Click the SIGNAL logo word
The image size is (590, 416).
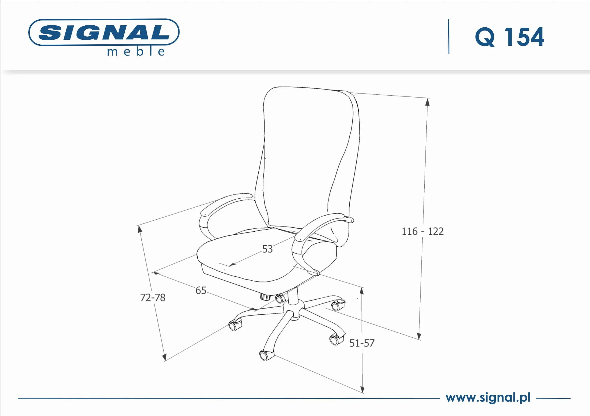click(104, 32)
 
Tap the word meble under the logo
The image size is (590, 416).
click(136, 52)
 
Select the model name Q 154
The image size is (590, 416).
click(509, 37)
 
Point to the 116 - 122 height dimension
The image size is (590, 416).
click(422, 231)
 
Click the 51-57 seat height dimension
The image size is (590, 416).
click(362, 343)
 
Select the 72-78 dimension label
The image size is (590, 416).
click(153, 297)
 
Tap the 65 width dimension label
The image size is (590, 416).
click(201, 290)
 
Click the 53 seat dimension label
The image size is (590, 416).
click(267, 249)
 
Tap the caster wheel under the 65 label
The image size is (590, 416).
click(235, 326)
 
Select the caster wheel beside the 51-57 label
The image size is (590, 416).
click(335, 340)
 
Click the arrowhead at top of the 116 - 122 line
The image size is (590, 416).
click(428, 101)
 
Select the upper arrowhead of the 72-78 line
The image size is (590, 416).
click(140, 229)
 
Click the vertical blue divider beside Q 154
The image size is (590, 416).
click(449, 37)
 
